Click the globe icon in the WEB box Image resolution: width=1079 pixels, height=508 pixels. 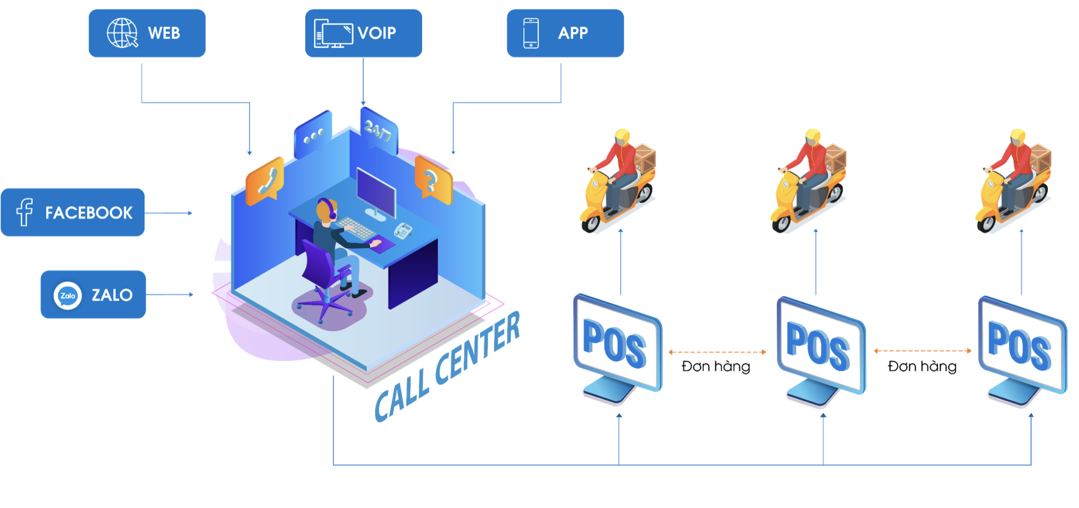coord(122,33)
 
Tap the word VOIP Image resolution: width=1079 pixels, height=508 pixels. coord(377,33)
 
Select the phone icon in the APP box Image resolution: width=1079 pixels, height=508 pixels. coord(531,33)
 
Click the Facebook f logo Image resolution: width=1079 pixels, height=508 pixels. coord(24,212)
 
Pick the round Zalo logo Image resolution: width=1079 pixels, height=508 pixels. coord(68,295)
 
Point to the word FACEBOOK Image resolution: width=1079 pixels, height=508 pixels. coord(89,213)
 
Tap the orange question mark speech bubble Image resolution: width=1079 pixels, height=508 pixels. coord(433,180)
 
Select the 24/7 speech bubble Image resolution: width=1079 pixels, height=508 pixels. coord(379,129)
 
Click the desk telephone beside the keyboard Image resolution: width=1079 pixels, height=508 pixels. coord(403,230)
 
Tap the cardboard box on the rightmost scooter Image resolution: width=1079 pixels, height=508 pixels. coord(1040,156)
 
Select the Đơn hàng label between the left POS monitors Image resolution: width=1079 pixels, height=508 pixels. coord(716,366)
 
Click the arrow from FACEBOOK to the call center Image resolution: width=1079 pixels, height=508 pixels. coord(168,213)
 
